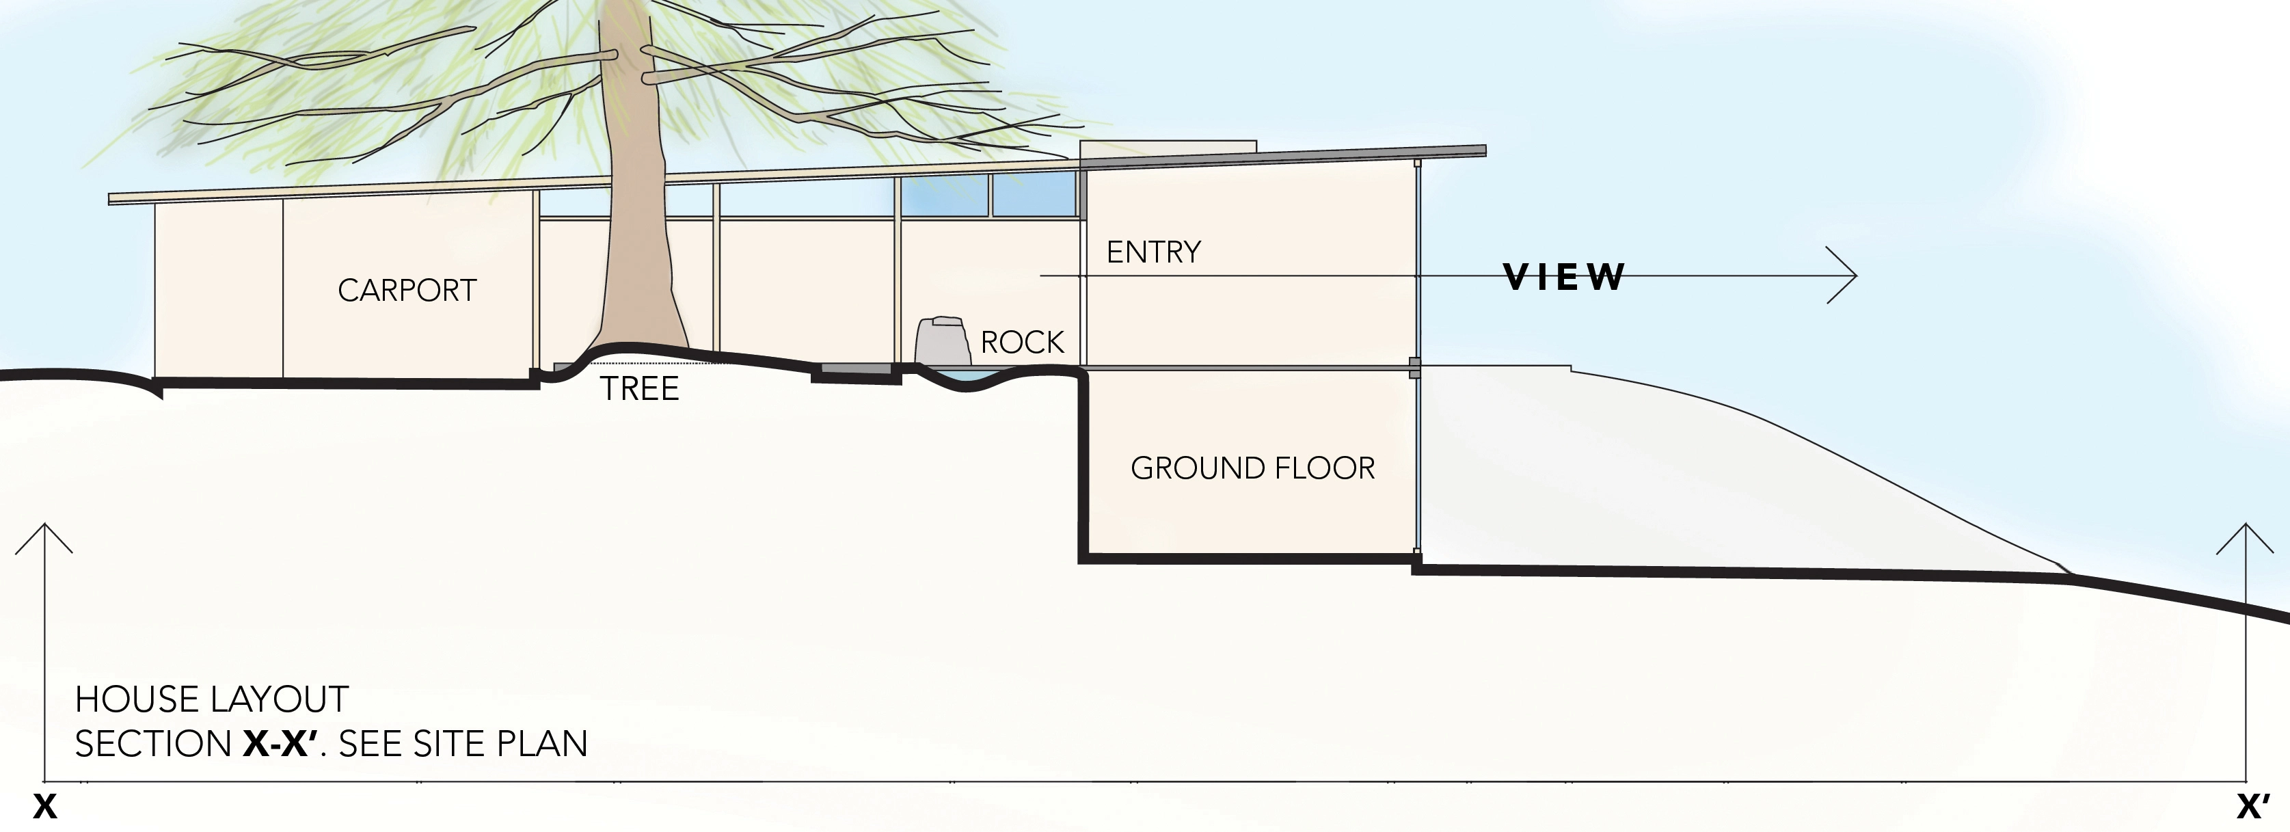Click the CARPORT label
pos(407,291)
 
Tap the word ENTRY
pos(1154,252)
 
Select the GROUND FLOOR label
pos(1252,468)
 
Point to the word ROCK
pos(1023,343)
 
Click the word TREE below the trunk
pos(639,388)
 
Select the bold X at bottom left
pos(45,807)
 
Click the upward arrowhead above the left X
pos(44,536)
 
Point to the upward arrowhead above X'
pos(2246,536)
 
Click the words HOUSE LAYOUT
pos(212,699)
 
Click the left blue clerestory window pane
pos(945,196)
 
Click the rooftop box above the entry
pos(1168,148)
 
